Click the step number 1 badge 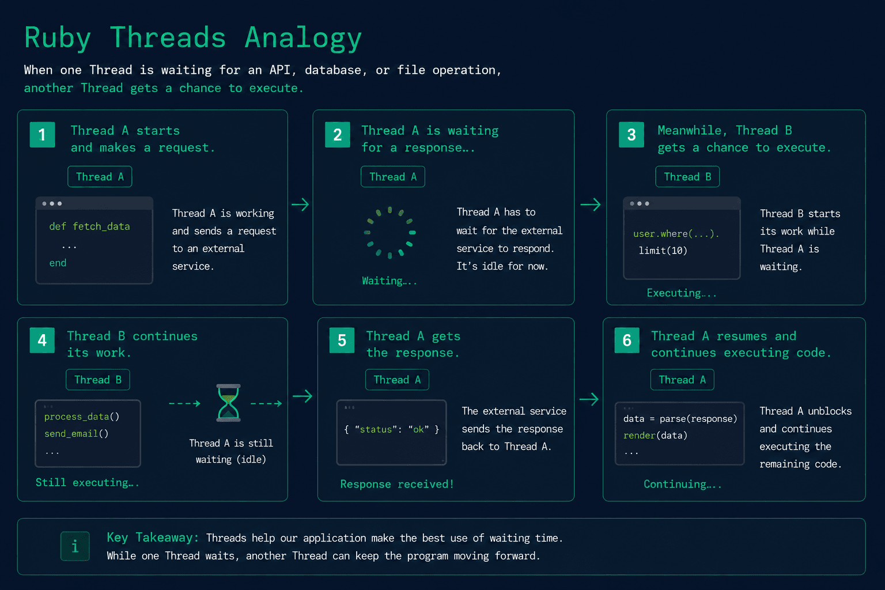pos(42,135)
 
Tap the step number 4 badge pos(42,340)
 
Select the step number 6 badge pos(627,340)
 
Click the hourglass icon pos(228,403)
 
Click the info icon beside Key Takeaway pos(75,546)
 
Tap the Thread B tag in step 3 pos(687,176)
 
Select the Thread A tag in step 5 pos(397,379)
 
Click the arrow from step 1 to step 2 pos(300,205)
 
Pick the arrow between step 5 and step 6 pos(589,399)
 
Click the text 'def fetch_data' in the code pos(89,226)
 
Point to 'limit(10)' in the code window pos(663,250)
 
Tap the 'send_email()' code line pos(76,433)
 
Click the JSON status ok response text pos(392,429)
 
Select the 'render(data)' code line pos(656,435)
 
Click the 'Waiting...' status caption pos(389,281)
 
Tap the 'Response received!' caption pos(397,484)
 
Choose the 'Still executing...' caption pos(88,482)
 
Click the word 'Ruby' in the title pos(58,38)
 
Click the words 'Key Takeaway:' pos(153,538)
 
